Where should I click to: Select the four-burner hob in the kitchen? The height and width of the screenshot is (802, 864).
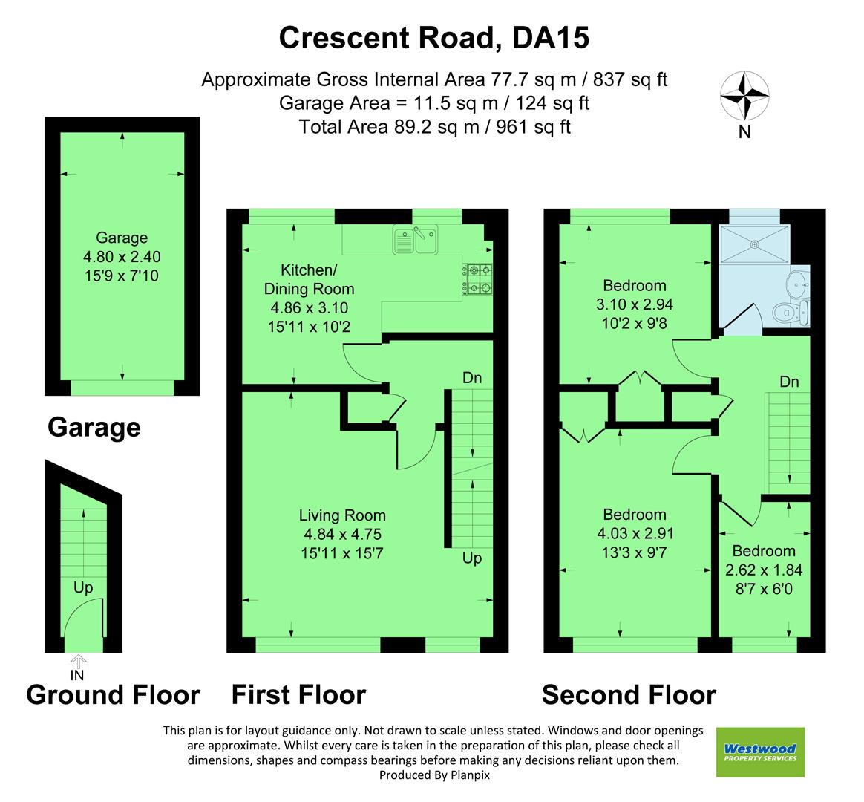(x=477, y=278)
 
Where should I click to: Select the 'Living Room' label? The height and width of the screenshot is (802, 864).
(x=342, y=515)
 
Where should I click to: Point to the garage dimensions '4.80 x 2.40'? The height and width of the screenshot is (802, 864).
(x=122, y=258)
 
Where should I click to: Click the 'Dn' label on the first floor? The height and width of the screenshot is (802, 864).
(x=472, y=378)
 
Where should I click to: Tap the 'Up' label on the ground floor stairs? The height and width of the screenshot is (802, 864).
(x=83, y=588)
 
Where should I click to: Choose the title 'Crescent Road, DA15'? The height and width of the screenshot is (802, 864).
(x=433, y=38)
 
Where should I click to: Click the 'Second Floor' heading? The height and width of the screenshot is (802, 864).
(x=629, y=695)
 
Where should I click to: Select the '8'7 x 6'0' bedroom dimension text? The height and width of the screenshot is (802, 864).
(x=764, y=590)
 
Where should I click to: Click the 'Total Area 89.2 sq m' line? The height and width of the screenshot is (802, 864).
(x=434, y=127)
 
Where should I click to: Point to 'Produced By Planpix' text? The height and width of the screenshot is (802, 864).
(x=434, y=775)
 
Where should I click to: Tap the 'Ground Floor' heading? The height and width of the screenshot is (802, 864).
(x=113, y=695)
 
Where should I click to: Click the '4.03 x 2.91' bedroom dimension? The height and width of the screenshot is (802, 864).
(x=635, y=533)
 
